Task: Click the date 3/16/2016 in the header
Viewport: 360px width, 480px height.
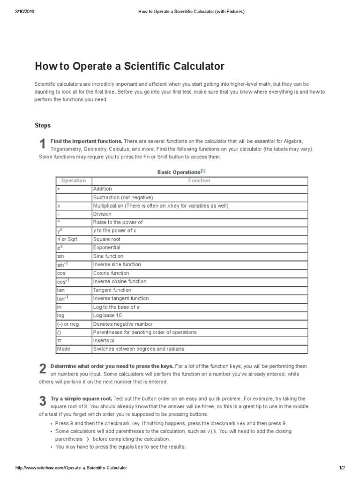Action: tap(25, 11)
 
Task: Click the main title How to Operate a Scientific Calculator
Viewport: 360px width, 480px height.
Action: tap(130, 66)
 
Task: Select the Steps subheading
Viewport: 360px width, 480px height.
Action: tap(43, 126)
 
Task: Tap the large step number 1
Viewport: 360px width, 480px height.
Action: tap(42, 144)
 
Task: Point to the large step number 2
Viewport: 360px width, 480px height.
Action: tap(42, 369)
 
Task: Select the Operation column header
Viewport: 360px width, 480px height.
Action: tap(74, 180)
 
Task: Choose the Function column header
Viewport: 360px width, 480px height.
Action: tap(199, 180)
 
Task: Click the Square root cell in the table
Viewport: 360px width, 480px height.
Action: tap(106, 239)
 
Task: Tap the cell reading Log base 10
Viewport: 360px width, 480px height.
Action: tap(108, 315)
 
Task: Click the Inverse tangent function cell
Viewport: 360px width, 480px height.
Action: tap(121, 299)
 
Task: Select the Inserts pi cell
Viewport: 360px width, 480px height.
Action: tap(104, 341)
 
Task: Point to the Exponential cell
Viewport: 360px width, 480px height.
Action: tap(106, 247)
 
